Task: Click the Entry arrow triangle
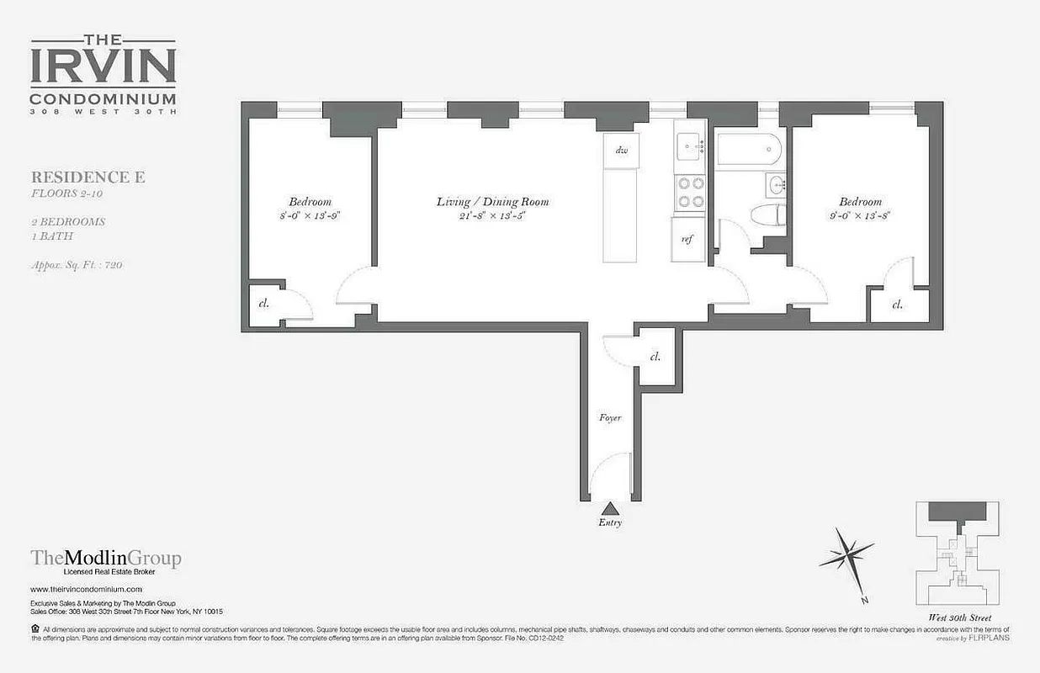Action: pos(610,508)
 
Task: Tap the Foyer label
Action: pos(610,417)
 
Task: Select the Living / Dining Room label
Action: pos(492,202)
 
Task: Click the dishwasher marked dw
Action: pos(622,151)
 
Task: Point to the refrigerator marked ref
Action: pos(687,239)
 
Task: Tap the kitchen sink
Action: pos(692,146)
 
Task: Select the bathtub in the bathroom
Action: pos(748,151)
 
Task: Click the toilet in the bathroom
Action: pos(767,216)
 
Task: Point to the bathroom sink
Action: pos(776,183)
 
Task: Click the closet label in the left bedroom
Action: pos(264,303)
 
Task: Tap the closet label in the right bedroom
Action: pos(898,305)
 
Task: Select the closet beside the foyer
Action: pos(655,357)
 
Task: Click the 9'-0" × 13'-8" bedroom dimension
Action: pos(860,215)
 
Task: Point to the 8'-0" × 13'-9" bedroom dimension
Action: pos(310,215)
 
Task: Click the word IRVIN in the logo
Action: pos(103,65)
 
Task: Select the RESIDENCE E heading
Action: pos(88,178)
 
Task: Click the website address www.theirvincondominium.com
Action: pos(86,590)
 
